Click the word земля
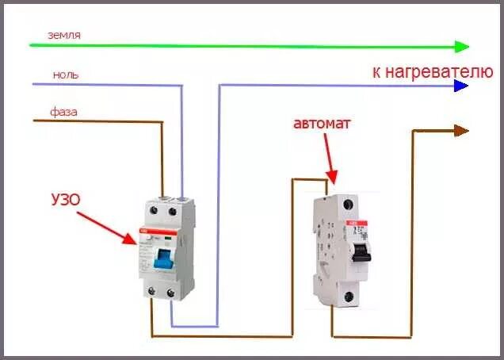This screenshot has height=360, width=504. [x=64, y=35]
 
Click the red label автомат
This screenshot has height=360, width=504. [x=321, y=124]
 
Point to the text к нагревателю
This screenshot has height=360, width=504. [x=433, y=71]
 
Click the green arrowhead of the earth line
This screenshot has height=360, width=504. [x=463, y=46]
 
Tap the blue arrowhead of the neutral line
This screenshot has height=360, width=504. [x=461, y=86]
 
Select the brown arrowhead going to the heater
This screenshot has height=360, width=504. [x=461, y=130]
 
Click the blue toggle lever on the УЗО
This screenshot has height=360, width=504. [x=163, y=259]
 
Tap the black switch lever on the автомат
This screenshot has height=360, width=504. [x=361, y=252]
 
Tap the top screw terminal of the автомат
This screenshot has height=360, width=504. [x=346, y=204]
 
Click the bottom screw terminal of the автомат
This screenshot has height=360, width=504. [x=346, y=297]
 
